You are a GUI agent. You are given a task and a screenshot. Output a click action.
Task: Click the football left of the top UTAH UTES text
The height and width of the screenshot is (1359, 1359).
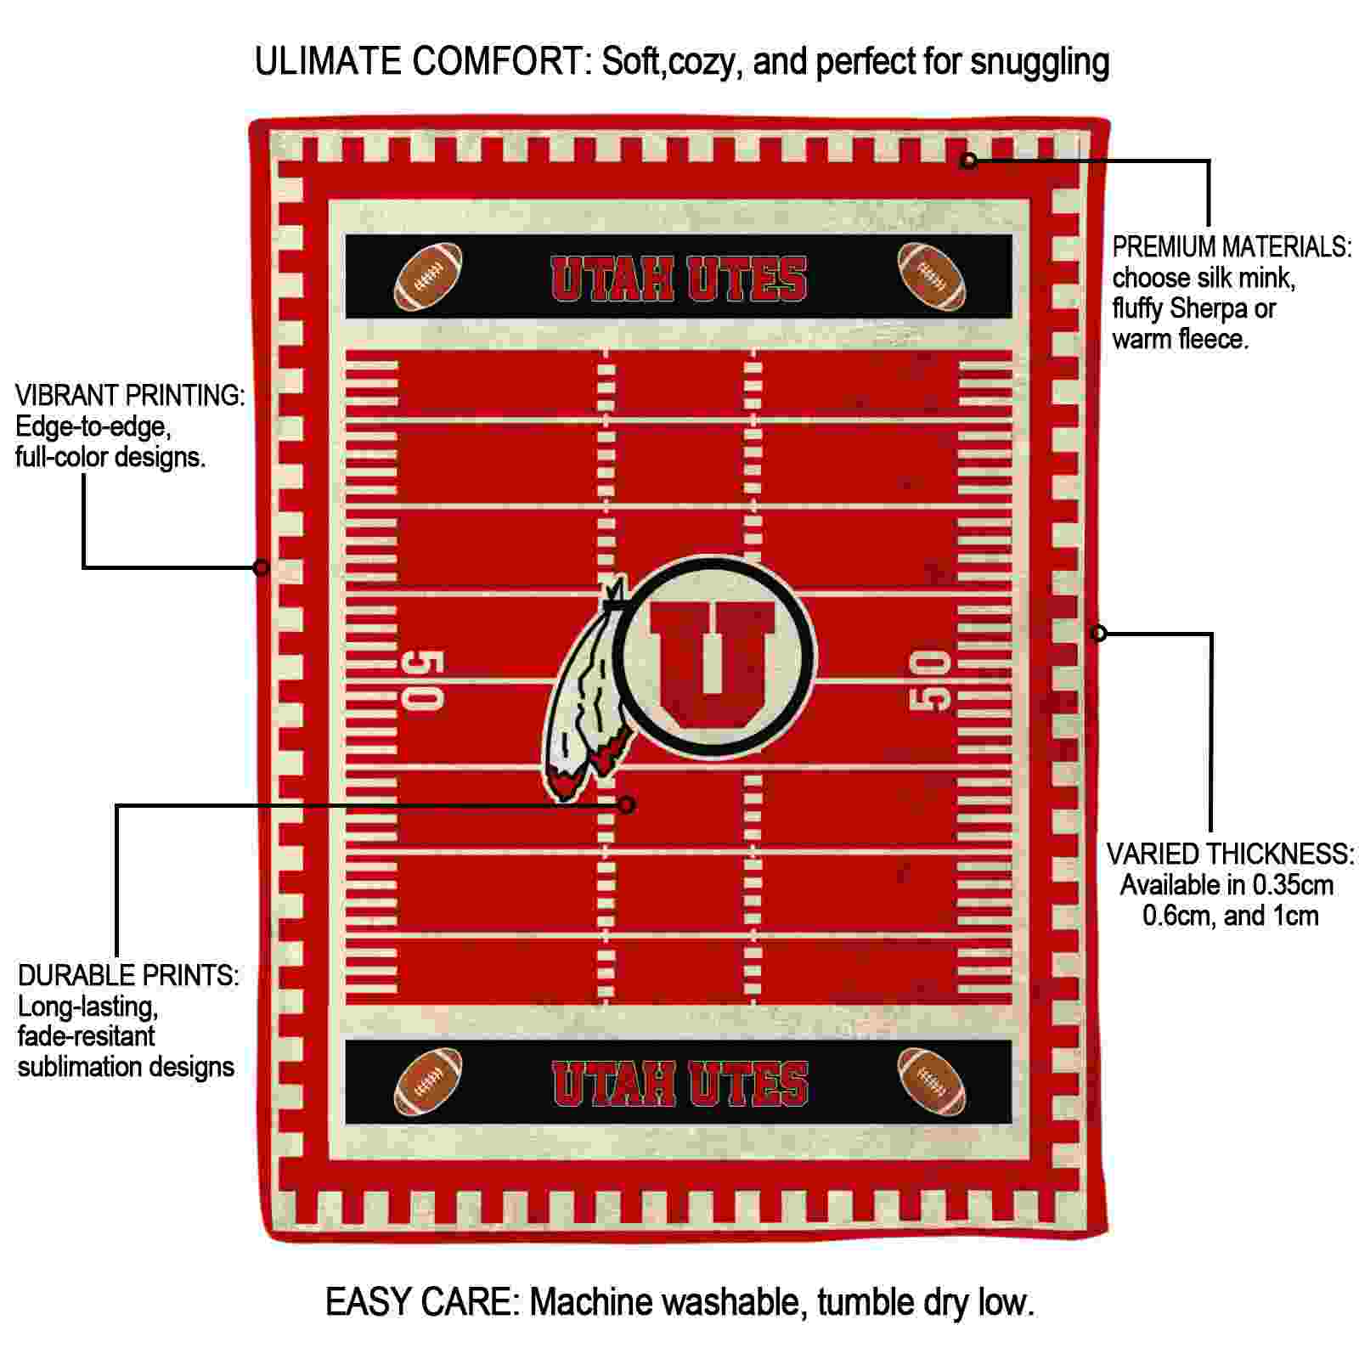pos(428,277)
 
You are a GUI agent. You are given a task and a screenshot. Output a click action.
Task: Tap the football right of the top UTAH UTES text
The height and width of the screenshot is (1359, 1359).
pos(932,277)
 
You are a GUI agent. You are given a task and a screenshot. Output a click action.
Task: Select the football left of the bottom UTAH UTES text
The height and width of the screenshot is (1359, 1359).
pos(428,1082)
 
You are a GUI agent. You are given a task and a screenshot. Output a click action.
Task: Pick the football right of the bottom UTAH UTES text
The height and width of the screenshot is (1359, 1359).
pos(932,1082)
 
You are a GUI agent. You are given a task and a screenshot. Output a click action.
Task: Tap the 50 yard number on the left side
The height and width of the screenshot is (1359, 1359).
pos(422,680)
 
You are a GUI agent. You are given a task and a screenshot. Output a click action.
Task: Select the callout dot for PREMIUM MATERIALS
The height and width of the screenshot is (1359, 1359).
pos(968,161)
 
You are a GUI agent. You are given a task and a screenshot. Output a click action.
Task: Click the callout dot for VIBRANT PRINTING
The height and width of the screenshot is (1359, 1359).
pos(262,567)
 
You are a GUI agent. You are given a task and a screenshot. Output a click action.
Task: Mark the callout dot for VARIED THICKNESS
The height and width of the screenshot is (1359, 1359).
pos(1098,633)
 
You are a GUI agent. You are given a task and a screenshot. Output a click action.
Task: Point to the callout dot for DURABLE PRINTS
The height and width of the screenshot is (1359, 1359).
pos(627,804)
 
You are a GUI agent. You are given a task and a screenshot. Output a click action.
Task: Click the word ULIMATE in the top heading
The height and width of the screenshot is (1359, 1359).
pos(328,62)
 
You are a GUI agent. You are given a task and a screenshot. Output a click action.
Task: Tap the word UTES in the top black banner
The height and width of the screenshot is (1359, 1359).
pos(747,279)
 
